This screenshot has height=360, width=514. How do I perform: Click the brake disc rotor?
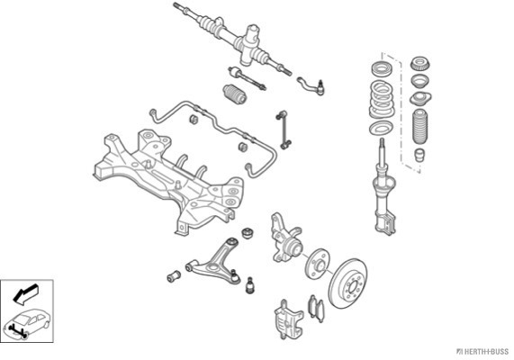347,283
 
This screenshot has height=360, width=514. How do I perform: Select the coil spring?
382,100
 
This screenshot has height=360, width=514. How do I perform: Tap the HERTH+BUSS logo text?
482,352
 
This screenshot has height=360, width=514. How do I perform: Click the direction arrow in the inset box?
25,293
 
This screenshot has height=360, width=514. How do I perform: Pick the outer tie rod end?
311,85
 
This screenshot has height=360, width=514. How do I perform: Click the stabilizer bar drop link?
284,130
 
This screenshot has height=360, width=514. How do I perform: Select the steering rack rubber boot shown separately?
234,94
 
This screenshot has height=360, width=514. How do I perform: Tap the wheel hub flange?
317,264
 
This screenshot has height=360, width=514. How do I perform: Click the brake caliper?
288,318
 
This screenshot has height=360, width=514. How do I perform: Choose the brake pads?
316,309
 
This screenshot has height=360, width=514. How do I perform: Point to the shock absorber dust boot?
420,128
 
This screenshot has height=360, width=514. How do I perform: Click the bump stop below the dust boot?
419,155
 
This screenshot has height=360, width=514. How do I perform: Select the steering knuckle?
284,238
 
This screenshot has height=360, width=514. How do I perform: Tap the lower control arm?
213,261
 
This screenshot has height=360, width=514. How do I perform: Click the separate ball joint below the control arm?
250,285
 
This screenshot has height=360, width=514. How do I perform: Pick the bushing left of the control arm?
174,276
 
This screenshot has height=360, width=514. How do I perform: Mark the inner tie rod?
248,79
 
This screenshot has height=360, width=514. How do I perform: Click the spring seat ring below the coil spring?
380,128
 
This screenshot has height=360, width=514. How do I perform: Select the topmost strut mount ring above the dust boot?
420,64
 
